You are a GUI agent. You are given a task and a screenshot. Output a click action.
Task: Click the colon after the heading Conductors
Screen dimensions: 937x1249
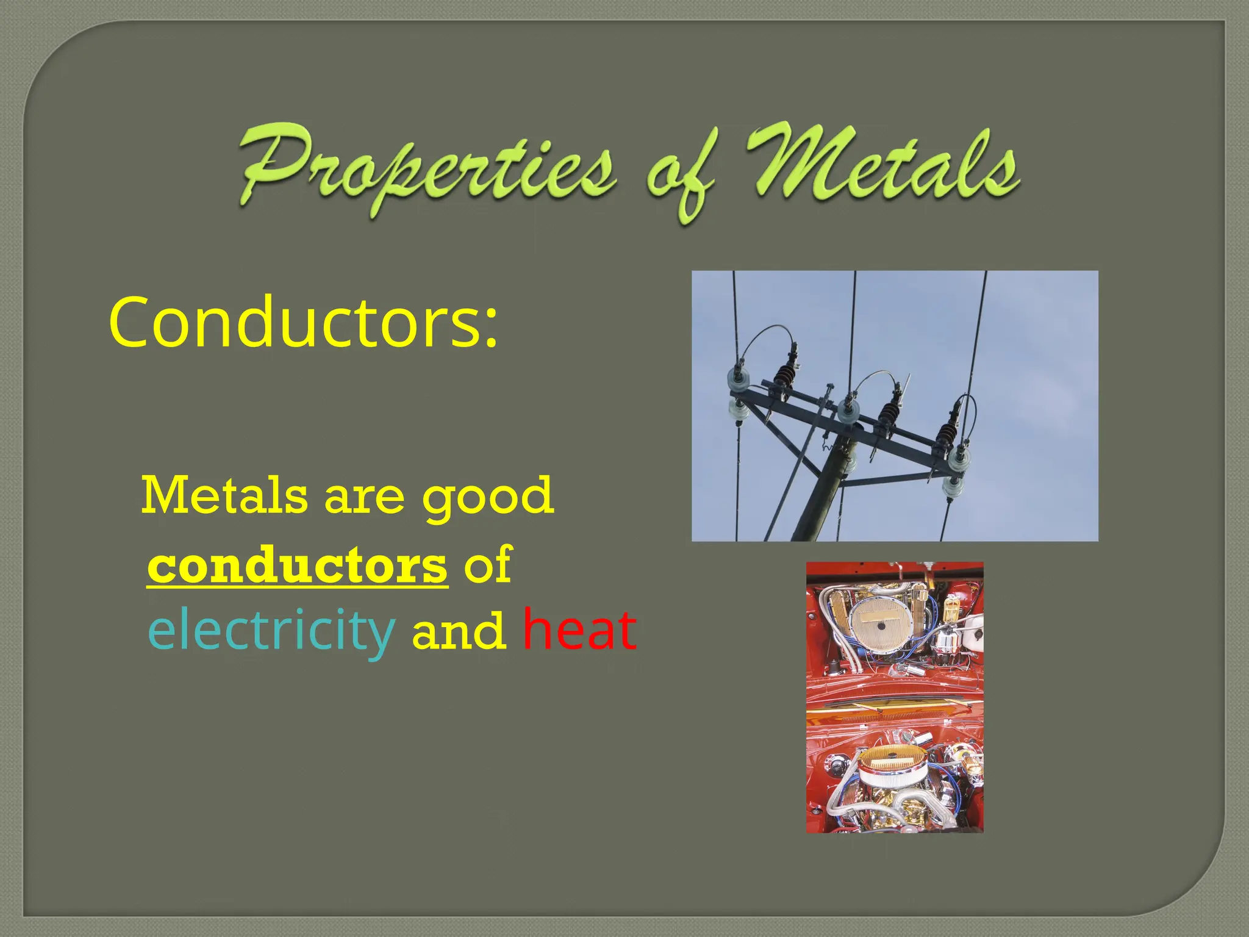coord(490,332)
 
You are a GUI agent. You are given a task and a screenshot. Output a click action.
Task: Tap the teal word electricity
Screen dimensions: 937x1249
coord(271,631)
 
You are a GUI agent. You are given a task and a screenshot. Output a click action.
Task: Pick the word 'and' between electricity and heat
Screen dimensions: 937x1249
coord(459,631)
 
